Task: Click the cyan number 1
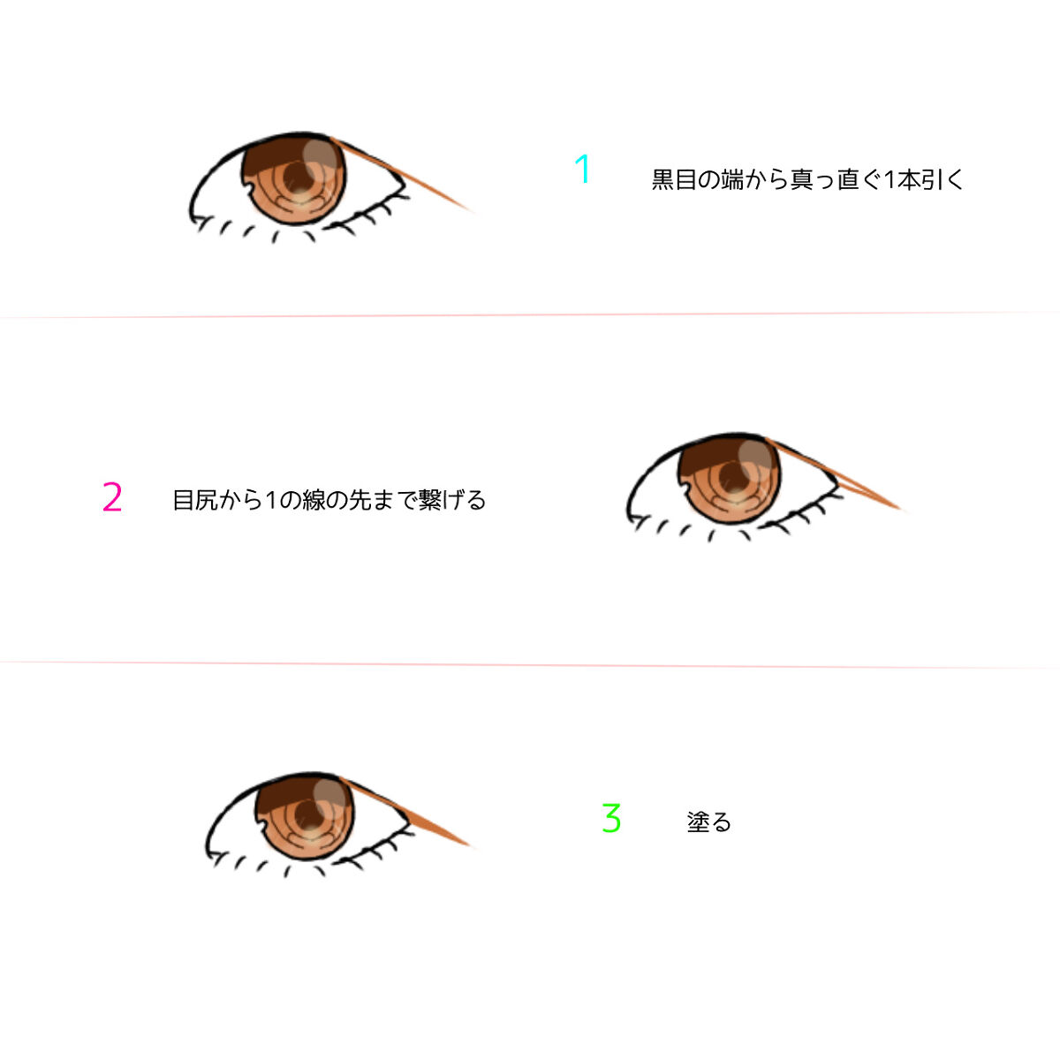coord(582,169)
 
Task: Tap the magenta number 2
coord(112,496)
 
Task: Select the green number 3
coord(611,818)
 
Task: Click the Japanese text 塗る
coord(709,821)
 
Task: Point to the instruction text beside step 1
coord(807,179)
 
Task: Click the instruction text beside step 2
coord(329,499)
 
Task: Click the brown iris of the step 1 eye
coord(294,179)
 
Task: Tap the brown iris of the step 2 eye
coord(730,479)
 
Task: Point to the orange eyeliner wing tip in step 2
coord(900,509)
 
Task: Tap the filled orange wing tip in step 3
coord(469,845)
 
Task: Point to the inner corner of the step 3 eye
coord(208,854)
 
